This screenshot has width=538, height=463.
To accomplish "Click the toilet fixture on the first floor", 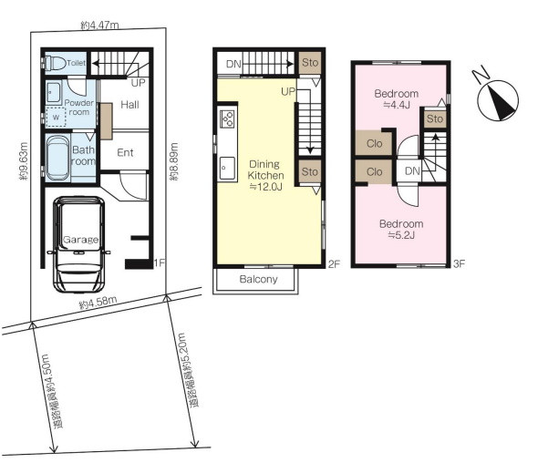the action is point(54,63).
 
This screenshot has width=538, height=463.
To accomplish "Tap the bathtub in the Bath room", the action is point(57,158).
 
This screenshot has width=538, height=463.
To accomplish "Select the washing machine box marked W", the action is point(56,117).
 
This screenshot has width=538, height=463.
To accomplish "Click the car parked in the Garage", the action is point(79,244).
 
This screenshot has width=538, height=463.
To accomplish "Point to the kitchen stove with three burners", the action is point(227,119).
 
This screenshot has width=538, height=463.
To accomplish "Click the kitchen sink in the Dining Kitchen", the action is point(227,169).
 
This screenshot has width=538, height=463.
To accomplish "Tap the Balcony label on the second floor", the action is point(258,279).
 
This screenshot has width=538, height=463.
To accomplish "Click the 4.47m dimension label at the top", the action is point(99,25).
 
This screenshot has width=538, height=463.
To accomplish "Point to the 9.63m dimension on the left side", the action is point(24,161).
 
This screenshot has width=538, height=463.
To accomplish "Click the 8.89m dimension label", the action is point(173,161).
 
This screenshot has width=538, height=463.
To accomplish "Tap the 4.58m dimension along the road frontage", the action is point(98,303).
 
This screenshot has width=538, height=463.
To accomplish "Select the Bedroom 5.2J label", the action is point(401,230).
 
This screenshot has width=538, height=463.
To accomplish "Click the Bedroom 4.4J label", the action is point(397,98).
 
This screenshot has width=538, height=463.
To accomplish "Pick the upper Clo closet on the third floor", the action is point(374,143).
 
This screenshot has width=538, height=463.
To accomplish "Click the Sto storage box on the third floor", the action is point(435,118).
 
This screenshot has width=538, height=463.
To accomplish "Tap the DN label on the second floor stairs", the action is point(233,64).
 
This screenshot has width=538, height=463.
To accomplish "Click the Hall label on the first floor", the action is point(129,105).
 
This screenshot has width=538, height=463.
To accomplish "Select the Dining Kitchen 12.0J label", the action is point(265,175).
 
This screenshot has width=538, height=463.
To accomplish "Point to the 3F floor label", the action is point(459,263).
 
